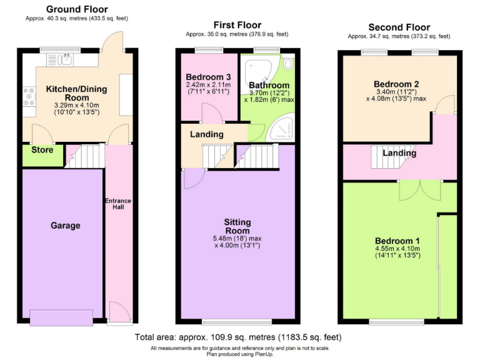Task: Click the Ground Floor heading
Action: point(77,9)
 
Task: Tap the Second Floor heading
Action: point(399,27)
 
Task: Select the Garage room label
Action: point(66,225)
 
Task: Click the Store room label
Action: point(42,150)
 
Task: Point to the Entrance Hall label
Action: point(117,204)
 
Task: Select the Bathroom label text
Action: point(269,85)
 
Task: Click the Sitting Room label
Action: point(237,226)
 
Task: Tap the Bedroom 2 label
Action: point(396,84)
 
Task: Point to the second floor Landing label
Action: point(399,152)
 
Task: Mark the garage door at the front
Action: point(65,317)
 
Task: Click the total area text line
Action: point(239,337)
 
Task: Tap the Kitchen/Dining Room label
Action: point(76,94)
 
